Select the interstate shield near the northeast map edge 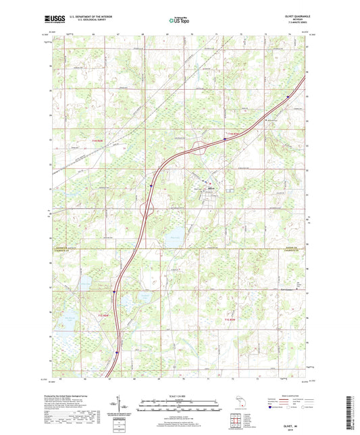pyautogui.click(x=288, y=96)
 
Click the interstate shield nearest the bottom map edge pyautogui.click(x=117, y=352)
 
